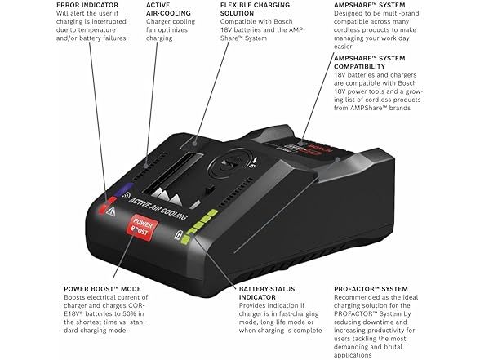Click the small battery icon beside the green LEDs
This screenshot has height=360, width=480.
[x=181, y=238]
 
